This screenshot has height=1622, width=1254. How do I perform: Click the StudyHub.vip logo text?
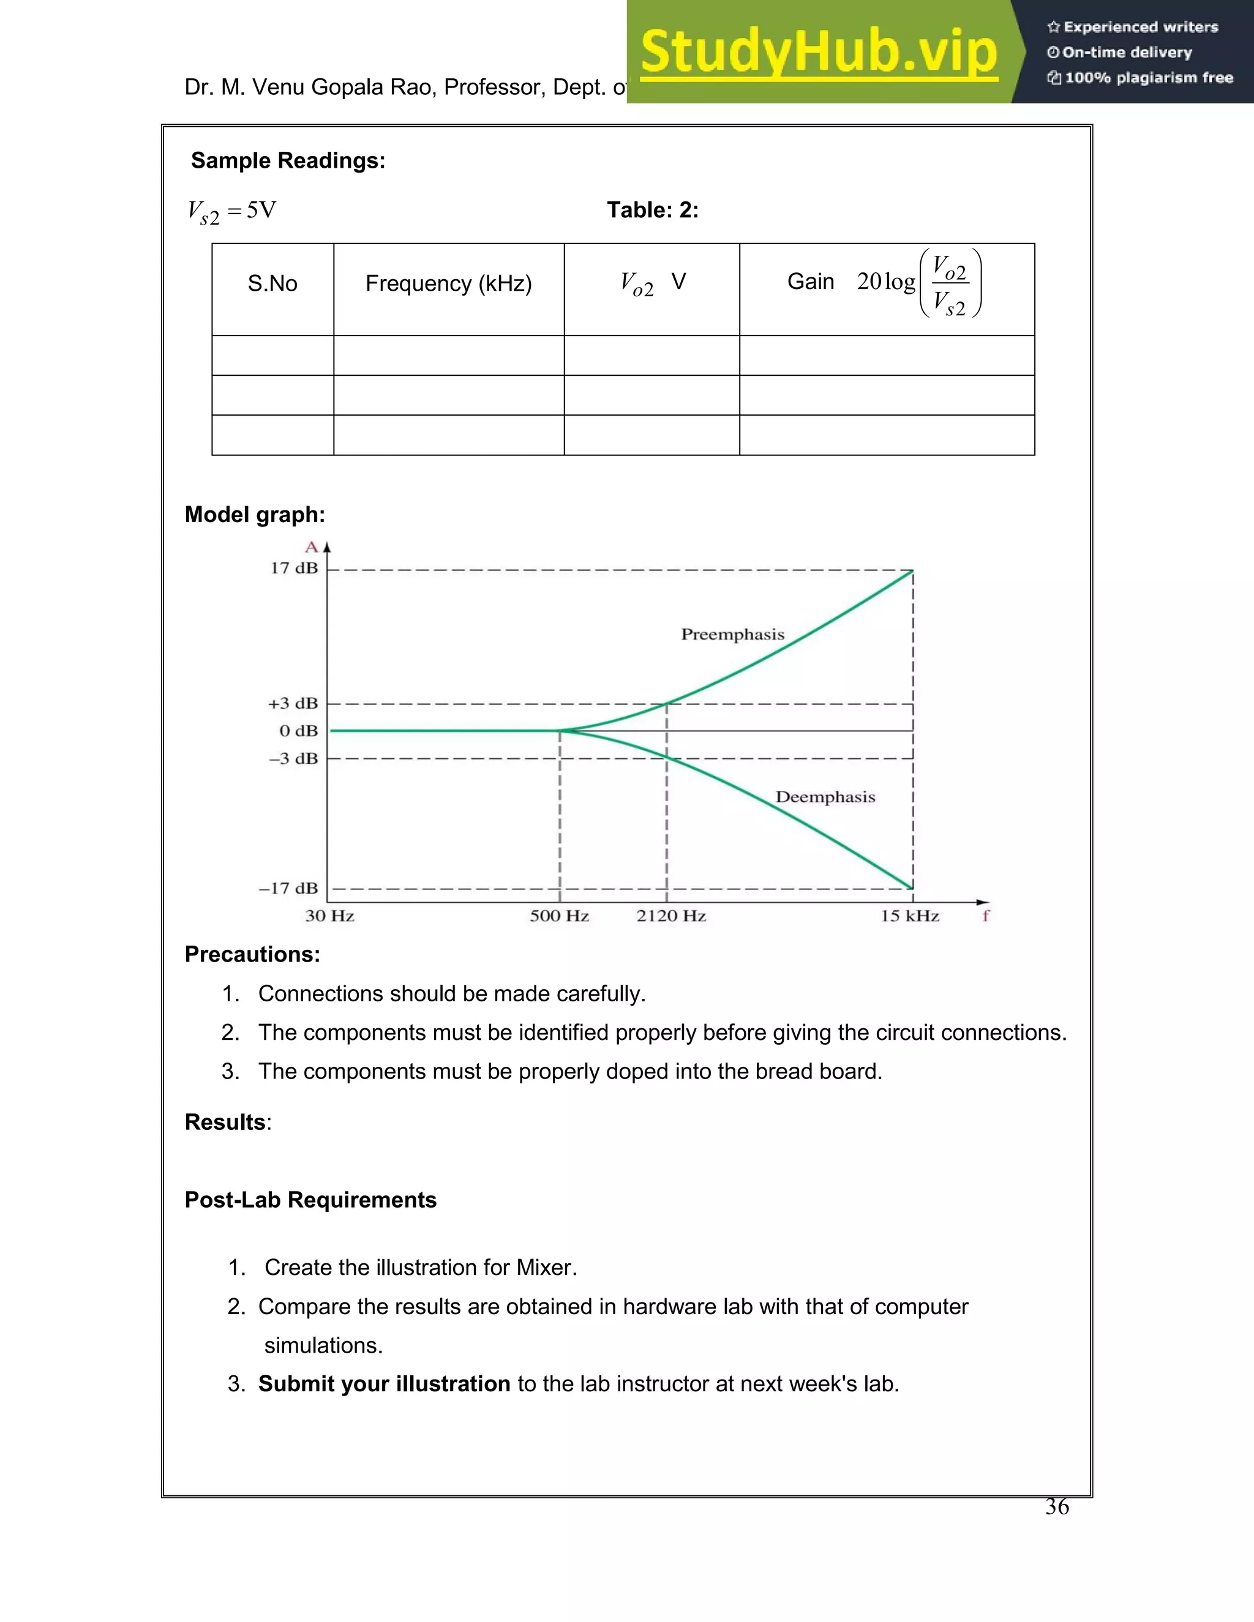818,52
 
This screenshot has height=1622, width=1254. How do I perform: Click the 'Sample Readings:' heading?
288,160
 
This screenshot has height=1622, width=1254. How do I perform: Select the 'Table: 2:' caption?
652,210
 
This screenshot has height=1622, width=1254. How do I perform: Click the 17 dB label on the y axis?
294,568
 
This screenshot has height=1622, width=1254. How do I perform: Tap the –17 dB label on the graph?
288,888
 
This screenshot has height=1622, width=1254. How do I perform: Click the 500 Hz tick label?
560,916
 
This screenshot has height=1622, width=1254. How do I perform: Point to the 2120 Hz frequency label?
671,916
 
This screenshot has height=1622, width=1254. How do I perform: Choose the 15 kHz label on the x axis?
910,916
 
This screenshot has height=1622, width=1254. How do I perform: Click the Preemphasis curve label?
732,634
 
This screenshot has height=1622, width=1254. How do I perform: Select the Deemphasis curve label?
825,797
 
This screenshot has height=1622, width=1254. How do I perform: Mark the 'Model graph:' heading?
255,515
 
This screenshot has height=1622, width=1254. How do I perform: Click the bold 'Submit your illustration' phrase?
384,1384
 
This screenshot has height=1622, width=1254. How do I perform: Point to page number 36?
1056,1507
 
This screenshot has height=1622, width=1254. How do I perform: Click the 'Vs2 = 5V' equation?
232,212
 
